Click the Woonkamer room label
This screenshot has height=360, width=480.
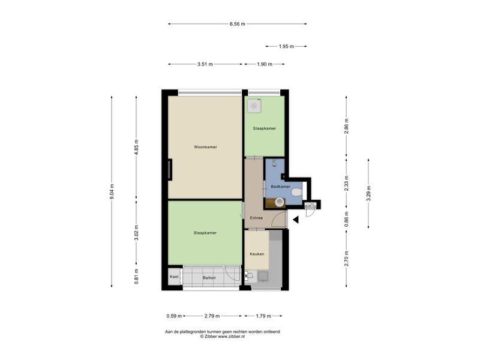pos(205,147)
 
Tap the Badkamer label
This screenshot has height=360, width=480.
pos(280,187)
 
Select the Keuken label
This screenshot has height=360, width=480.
pos(257,254)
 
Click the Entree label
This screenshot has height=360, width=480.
pos(256,218)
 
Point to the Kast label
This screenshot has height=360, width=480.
pos(174,277)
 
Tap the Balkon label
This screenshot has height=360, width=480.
pos(209,278)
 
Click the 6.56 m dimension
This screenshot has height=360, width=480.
pos(238,24)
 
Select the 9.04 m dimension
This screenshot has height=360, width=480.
pos(112,191)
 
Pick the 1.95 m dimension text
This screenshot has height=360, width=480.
pos(287,47)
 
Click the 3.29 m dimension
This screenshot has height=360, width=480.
pos(368,193)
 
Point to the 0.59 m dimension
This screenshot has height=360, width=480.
pos(174,316)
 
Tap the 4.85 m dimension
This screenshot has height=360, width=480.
pos(137,148)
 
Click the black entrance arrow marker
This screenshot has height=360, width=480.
pos(296,220)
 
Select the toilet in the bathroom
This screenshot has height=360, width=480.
pos(296,192)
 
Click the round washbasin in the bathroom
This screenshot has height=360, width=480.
pos(280,202)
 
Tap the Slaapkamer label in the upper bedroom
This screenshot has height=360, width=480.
pos(265,128)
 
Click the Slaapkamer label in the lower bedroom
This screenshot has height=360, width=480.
pos(205,233)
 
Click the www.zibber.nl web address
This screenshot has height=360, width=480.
pos(231,336)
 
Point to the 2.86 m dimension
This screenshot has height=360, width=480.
pos(347,126)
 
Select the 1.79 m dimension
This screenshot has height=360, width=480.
pos(263,316)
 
